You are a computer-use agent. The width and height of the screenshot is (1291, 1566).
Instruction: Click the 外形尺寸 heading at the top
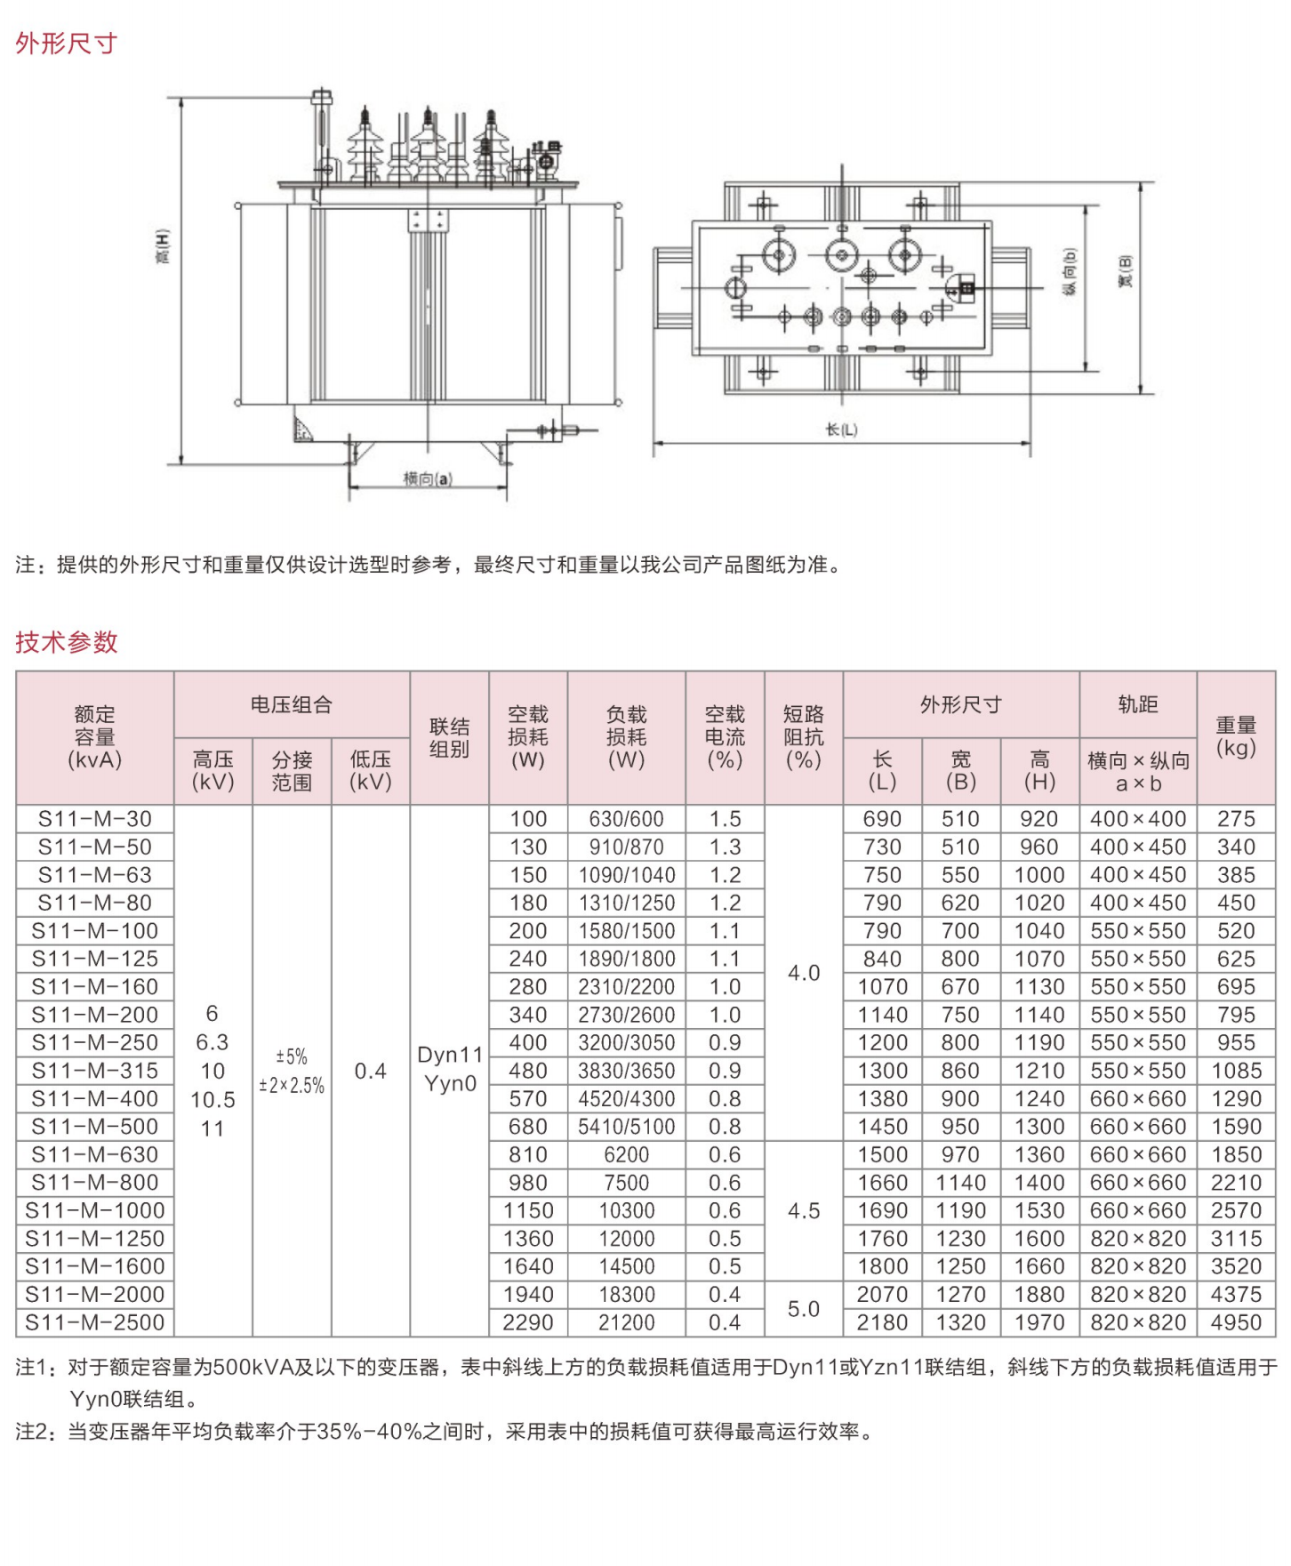click(x=66, y=43)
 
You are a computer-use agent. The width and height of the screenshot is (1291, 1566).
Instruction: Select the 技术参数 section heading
click(x=66, y=641)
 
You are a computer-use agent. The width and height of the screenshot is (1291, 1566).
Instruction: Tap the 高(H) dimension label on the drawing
click(x=163, y=246)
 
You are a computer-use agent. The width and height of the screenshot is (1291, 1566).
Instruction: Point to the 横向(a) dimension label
click(x=428, y=479)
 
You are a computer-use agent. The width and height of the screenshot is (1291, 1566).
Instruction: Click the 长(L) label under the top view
click(x=841, y=430)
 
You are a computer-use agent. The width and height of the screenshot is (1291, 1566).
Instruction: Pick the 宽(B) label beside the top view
click(x=1126, y=271)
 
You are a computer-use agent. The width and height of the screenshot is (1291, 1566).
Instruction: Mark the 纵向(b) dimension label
click(x=1070, y=271)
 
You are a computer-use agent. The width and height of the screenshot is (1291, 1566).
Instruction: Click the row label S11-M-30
click(x=95, y=819)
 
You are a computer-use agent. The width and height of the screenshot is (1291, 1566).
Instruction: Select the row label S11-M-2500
click(x=95, y=1322)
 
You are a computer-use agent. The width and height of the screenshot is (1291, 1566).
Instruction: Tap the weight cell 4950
click(x=1236, y=1322)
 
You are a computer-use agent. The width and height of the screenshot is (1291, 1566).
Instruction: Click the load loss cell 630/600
click(x=626, y=819)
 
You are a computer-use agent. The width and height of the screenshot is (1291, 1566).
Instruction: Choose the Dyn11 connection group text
click(x=450, y=1056)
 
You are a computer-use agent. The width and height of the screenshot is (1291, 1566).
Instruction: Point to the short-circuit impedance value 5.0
click(x=803, y=1309)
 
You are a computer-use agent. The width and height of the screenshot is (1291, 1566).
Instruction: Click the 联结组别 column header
click(x=449, y=737)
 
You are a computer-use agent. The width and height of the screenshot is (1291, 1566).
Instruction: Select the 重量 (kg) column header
click(x=1236, y=736)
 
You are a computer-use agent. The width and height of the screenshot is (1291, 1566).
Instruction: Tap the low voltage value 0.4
click(x=370, y=1071)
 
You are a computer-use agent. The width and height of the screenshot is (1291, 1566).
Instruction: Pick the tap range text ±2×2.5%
click(x=292, y=1086)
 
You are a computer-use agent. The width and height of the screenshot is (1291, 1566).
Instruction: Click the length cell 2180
click(x=882, y=1322)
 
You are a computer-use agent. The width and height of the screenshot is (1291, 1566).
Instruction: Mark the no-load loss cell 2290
click(x=528, y=1322)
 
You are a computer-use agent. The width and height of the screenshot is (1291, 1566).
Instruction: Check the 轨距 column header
click(x=1138, y=704)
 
